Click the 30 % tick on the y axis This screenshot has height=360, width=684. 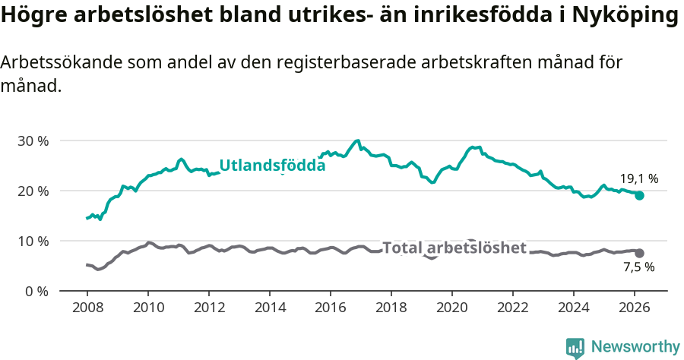click(x=32, y=141)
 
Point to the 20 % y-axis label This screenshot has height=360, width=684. click(x=32, y=191)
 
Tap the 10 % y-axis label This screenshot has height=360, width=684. click(x=32, y=241)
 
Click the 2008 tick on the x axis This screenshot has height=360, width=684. click(x=87, y=307)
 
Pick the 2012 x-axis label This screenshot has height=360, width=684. click(x=209, y=307)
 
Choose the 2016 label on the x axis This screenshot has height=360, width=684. click(x=331, y=307)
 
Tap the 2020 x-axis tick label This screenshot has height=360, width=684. click(x=452, y=307)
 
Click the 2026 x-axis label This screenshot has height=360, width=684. click(x=635, y=307)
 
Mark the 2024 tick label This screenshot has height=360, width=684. click(x=574, y=307)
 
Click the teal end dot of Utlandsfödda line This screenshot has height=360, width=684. click(x=640, y=195)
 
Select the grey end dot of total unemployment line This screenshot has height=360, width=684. click(x=640, y=253)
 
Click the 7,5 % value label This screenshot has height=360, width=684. click(x=638, y=267)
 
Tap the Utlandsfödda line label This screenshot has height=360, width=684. click(x=272, y=166)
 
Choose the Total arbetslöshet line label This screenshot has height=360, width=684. click(x=454, y=248)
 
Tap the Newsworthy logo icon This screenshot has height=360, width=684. click(x=575, y=347)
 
